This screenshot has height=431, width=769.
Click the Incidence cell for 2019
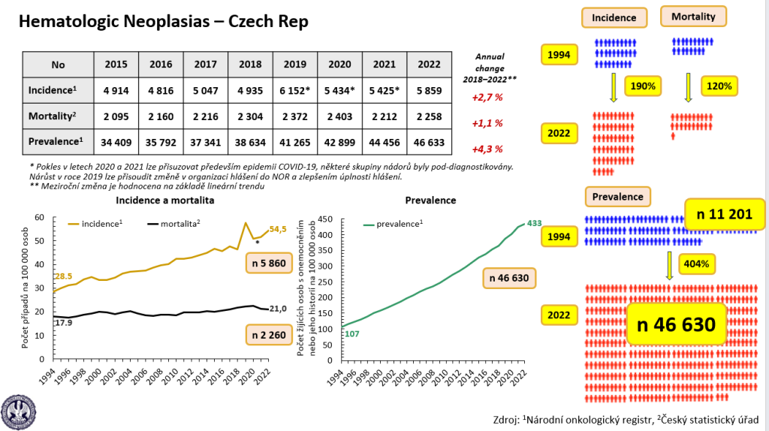295,90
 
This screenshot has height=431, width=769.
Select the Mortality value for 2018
250,116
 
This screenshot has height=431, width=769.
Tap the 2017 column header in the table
206,65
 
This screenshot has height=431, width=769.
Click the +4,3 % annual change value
487,149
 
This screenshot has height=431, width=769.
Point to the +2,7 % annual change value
487,97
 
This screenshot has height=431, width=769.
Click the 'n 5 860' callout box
267,264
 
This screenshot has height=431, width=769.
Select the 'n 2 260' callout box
267,334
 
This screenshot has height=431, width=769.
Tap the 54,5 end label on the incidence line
279,229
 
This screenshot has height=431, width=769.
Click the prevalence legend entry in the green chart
394,224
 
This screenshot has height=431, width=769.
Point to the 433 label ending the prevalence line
534,223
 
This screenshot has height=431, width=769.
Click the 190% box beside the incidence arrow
644,86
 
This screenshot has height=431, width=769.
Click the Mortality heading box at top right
692,17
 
